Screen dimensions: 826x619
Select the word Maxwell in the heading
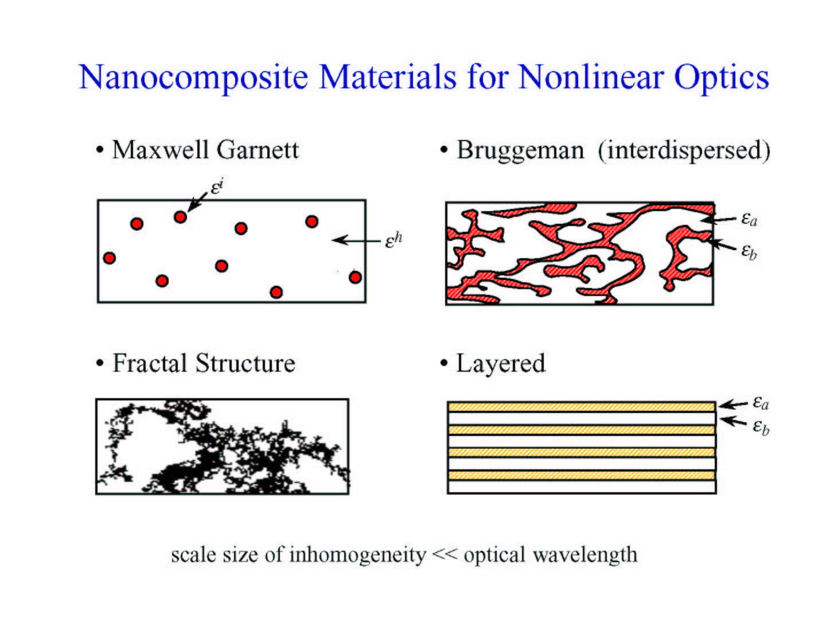pos(160,150)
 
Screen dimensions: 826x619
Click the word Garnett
pos(258,150)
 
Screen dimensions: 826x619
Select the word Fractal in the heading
pos(150,363)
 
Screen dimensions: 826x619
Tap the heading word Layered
pos(501,364)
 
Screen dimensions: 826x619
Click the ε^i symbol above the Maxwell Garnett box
pos(217,187)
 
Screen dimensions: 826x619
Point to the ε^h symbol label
pos(393,240)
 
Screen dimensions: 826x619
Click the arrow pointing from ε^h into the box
pos(356,240)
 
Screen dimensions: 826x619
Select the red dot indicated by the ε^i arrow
pos(180,217)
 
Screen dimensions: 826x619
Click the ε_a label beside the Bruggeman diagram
pos(749,219)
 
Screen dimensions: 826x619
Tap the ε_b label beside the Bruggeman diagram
pos(749,251)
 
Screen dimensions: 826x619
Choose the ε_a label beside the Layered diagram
pos(761,403)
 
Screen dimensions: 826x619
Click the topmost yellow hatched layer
pos(582,407)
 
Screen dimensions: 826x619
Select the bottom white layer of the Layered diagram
pos(582,486)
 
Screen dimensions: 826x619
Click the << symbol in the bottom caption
pos(445,554)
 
